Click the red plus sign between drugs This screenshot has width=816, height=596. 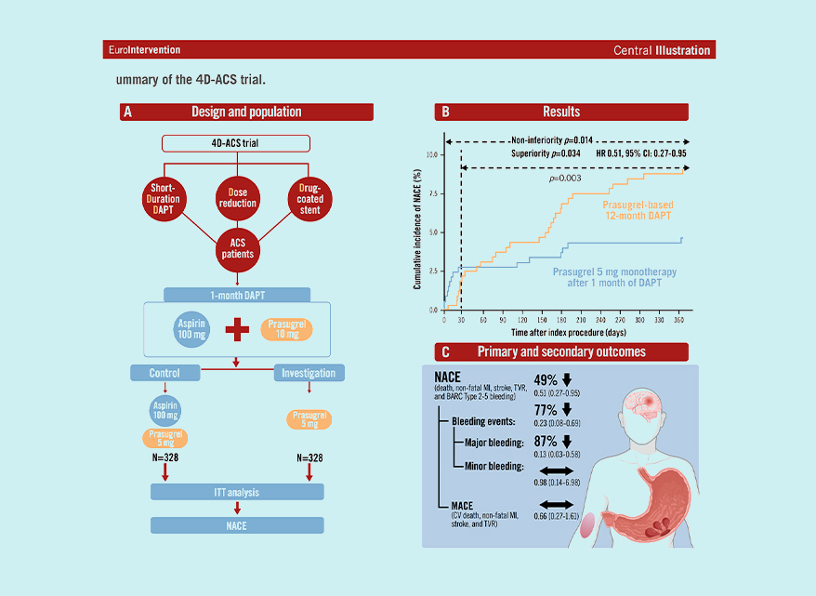237,329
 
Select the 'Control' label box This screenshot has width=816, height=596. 165,373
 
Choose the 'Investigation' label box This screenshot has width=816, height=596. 309,373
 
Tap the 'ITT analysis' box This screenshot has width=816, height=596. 237,491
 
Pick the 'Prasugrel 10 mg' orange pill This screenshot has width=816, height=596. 285,329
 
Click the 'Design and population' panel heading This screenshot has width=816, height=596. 246,113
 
